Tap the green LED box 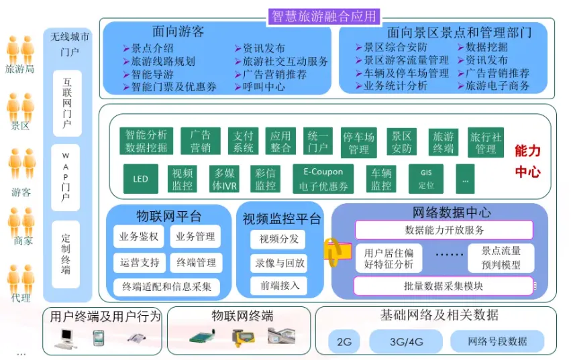pos(140,179)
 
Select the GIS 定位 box pos(426,179)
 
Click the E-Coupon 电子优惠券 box pos(323,179)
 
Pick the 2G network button pos(344,341)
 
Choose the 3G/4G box pos(407,341)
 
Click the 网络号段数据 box pos(497,341)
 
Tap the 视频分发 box pos(278,239)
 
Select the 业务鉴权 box pos(139,236)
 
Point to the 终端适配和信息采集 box pos(166,287)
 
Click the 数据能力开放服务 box pos(444,230)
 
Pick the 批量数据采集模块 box pos(443,286)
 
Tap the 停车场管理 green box pos(358,142)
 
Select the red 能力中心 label pos(527,161)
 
